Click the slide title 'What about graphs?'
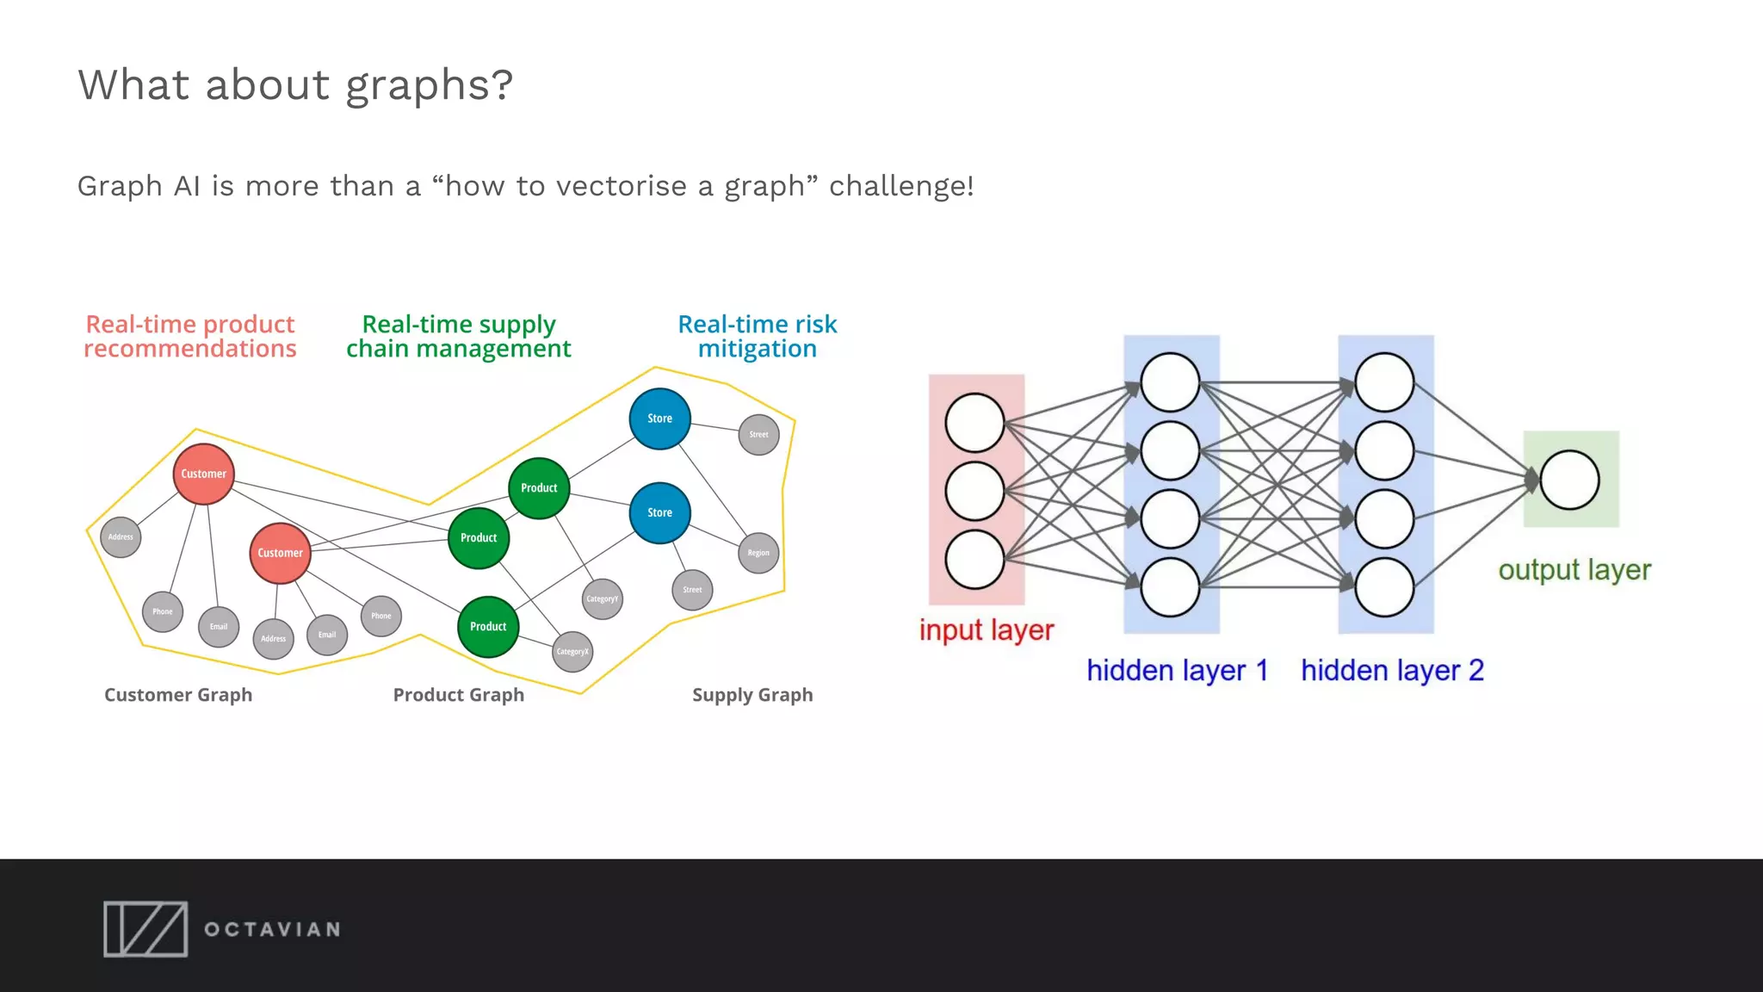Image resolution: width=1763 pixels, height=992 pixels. pyautogui.click(x=295, y=85)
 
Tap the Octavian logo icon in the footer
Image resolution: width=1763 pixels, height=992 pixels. pyautogui.click(x=145, y=929)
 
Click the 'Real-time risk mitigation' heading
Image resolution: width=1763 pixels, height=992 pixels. pyautogui.click(x=757, y=337)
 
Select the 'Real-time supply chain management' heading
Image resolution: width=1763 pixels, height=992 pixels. pyautogui.click(x=458, y=337)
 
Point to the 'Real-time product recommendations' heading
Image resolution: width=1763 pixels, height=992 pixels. pyautogui.click(x=189, y=337)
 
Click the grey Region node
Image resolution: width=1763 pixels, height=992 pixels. pyautogui.click(x=758, y=553)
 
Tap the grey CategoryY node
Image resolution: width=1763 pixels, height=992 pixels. pyautogui.click(x=602, y=598)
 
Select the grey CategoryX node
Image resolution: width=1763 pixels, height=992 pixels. pyautogui.click(x=572, y=651)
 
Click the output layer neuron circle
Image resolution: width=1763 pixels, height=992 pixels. pyautogui.click(x=1569, y=480)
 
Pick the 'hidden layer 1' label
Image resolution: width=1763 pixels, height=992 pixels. pyautogui.click(x=1177, y=670)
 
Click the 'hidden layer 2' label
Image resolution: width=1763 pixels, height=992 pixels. pyautogui.click(x=1392, y=670)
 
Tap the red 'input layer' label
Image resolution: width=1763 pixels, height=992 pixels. pyautogui.click(x=986, y=629)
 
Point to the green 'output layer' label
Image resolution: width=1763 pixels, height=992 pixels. pyautogui.click(x=1574, y=570)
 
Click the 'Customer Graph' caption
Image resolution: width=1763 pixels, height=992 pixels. pyautogui.click(x=178, y=695)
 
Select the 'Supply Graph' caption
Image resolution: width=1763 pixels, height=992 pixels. pyautogui.click(x=752, y=695)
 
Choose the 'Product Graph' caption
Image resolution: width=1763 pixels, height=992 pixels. pyautogui.click(x=458, y=695)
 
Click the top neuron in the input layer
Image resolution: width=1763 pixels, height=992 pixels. pyautogui.click(x=974, y=423)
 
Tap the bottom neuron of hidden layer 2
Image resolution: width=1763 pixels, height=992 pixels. pyautogui.click(x=1384, y=587)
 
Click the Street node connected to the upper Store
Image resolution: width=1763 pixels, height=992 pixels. pyautogui.click(x=758, y=434)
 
